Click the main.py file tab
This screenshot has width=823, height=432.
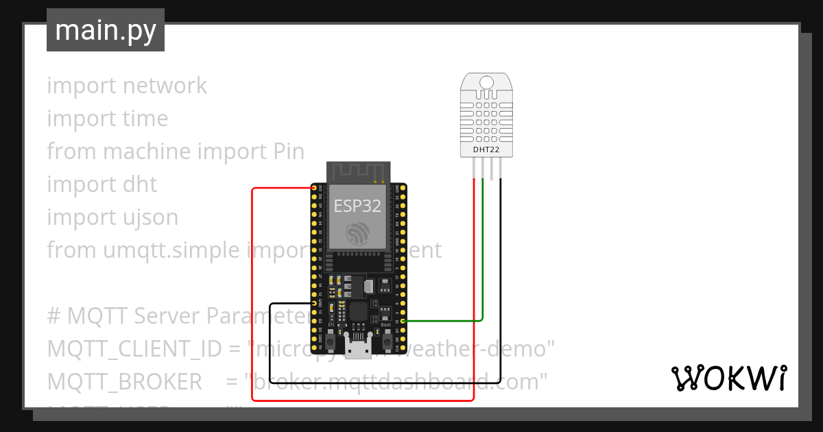(x=105, y=30)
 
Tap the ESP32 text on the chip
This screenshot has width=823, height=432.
(x=357, y=206)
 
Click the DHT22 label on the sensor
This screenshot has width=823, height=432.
(x=486, y=149)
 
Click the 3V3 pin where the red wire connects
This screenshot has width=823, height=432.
(x=314, y=188)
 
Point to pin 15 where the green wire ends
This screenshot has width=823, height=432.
(x=403, y=321)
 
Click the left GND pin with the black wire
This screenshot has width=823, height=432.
(x=314, y=303)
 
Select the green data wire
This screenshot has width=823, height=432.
(x=483, y=261)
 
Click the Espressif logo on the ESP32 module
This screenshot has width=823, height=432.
(x=357, y=233)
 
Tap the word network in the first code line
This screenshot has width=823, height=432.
(x=165, y=86)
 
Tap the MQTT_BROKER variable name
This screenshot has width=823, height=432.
(x=124, y=381)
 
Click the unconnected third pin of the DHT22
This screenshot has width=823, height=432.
(x=492, y=168)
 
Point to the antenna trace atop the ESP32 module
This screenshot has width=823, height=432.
(x=357, y=172)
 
